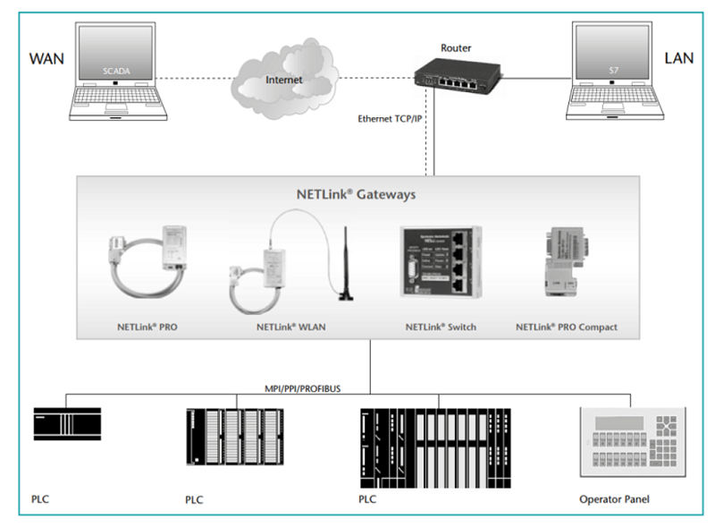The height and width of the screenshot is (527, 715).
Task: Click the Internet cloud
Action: coord(284,82)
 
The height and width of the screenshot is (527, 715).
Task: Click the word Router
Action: coord(457,47)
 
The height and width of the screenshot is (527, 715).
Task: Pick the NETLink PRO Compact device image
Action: coord(565,259)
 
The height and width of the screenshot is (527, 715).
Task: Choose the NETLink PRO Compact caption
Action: coord(566,327)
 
